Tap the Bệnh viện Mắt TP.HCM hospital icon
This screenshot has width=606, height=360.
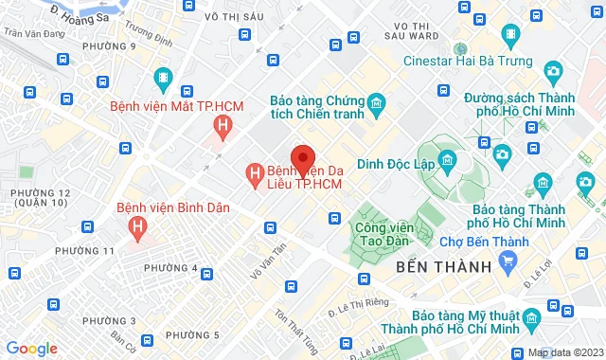point(222,125)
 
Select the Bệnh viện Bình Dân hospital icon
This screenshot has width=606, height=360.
point(138,227)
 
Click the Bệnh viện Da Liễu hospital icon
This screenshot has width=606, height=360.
point(254,174)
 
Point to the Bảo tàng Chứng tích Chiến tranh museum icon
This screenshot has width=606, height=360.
point(377,101)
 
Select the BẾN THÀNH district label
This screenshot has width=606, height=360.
point(444,267)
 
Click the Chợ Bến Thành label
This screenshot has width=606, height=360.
point(490,243)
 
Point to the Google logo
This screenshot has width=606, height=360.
point(31,348)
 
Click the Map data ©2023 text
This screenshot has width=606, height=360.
point(564,352)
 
